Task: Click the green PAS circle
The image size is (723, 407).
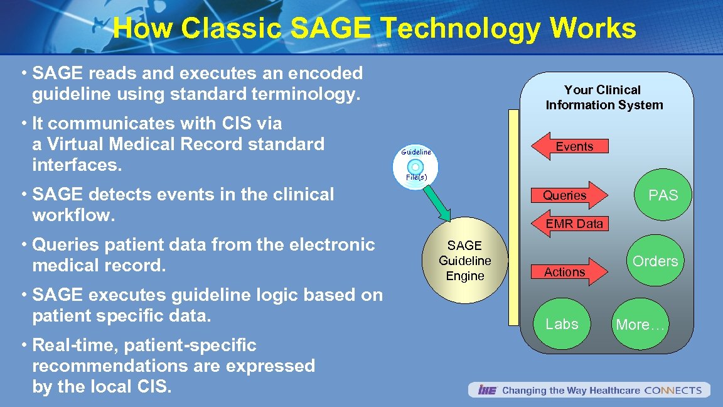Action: tap(663, 195)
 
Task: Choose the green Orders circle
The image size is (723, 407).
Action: tap(655, 261)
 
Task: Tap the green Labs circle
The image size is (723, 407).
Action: tap(562, 324)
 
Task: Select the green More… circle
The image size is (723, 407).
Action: tap(640, 325)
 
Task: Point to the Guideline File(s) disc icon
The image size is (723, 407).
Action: tap(415, 166)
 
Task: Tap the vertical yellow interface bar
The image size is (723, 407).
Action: tap(514, 217)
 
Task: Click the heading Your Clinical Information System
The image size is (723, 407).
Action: tap(604, 97)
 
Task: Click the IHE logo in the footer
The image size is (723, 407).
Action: tap(487, 391)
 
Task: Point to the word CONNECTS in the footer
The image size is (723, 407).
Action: tap(673, 391)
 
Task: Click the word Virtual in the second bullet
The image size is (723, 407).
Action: tap(68, 144)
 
